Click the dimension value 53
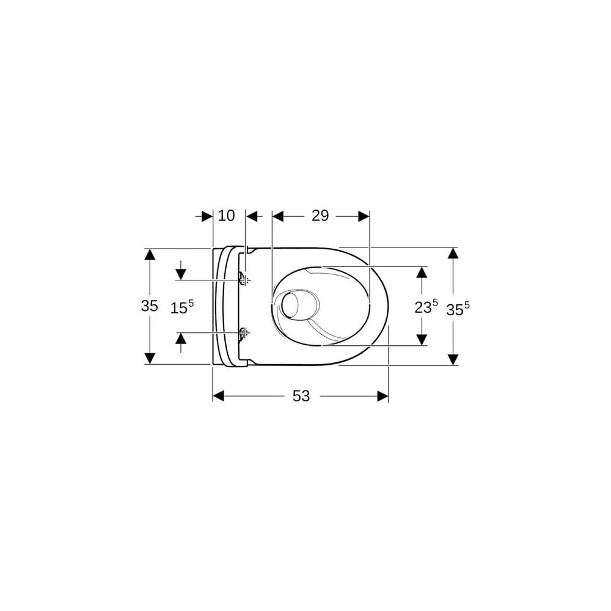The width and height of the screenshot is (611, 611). (x=301, y=396)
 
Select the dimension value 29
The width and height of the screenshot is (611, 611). (x=320, y=215)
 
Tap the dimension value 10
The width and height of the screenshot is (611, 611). (x=227, y=215)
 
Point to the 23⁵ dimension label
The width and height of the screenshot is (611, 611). (x=426, y=306)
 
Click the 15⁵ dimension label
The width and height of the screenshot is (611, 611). (x=182, y=307)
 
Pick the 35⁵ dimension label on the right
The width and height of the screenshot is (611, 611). (x=458, y=309)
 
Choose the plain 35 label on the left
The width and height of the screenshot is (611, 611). (x=150, y=306)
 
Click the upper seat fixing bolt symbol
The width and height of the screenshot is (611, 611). (x=244, y=279)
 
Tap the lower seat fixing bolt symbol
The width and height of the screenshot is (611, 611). (x=244, y=332)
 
